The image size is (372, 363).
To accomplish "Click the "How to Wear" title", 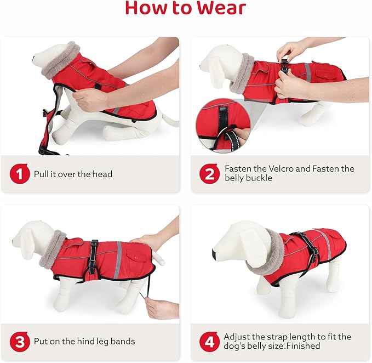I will pos(186,9).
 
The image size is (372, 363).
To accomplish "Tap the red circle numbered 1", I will pos(19,174).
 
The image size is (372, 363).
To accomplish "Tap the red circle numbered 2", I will pos(209,174).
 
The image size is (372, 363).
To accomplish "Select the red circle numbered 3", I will pos(19,342).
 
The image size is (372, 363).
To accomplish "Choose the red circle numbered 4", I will pos(209,342).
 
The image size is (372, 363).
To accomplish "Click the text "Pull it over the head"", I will pos(73,174).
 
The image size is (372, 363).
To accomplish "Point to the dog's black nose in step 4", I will pos(214,253).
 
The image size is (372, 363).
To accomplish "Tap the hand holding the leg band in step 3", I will pos(162,309).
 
